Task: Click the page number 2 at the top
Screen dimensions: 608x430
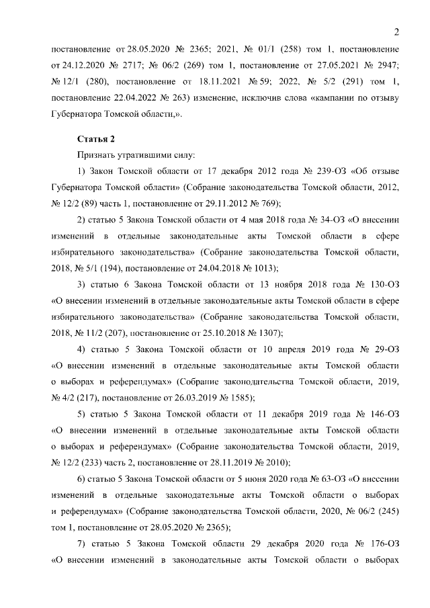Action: coord(396,32)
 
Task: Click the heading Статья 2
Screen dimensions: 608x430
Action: coord(97,139)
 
